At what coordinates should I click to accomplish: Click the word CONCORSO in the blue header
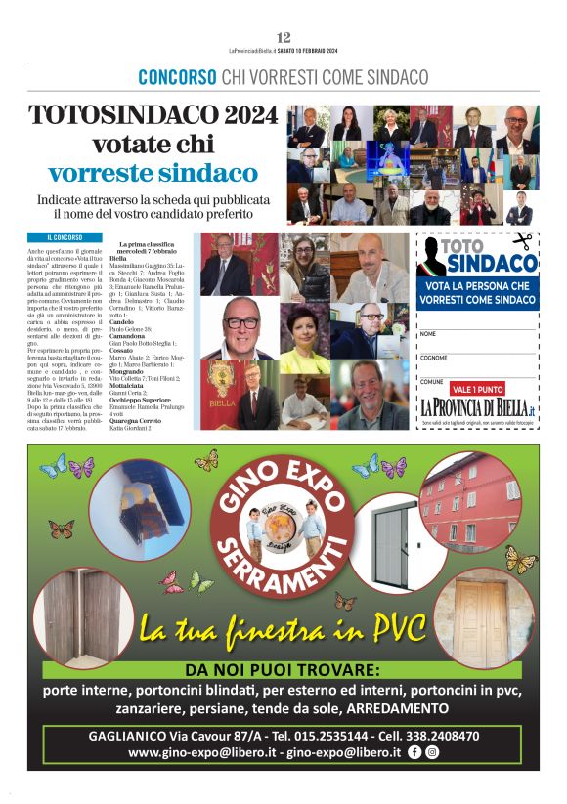(177, 76)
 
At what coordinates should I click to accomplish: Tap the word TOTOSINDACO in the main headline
(124, 115)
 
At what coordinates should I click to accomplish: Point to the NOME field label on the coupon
(427, 334)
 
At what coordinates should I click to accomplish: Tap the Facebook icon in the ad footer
(414, 752)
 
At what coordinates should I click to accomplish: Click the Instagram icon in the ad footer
(431, 752)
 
